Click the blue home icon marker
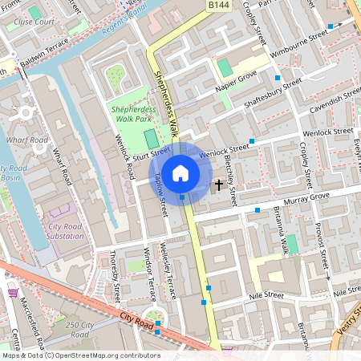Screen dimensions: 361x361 coord(180,172)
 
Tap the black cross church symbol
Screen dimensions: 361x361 coord(219,185)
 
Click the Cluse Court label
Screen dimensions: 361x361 coord(34,22)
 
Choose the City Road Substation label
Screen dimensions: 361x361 coord(66,231)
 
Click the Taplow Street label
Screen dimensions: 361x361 coord(161,195)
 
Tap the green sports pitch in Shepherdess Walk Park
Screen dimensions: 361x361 coord(151,138)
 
